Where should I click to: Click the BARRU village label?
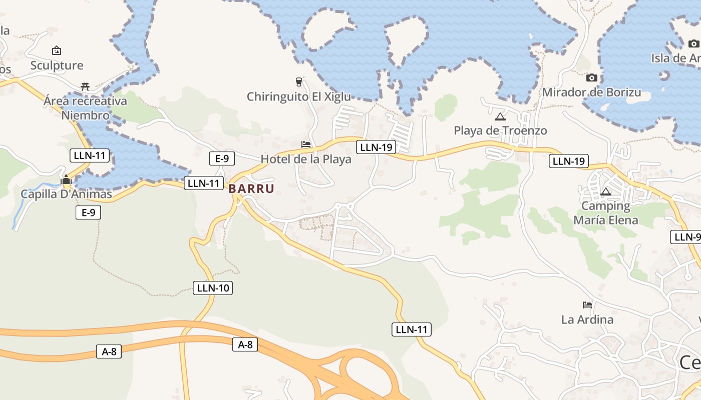tap(251, 188)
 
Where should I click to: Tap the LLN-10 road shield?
tap(213, 287)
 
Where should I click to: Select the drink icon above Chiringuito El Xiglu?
tap(299, 81)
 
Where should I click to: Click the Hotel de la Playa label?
tap(306, 159)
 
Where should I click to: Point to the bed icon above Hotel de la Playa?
tap(306, 144)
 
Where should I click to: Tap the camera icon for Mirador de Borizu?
tap(591, 77)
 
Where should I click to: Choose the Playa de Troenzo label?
tap(500, 130)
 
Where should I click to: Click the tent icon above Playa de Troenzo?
tap(500, 117)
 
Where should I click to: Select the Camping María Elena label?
tap(606, 213)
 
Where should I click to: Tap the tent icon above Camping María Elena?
tap(606, 191)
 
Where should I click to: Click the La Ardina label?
tap(587, 319)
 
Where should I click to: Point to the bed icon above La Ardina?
tap(587, 304)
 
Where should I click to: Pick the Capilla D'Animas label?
tap(66, 193)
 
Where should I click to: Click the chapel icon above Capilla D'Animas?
tap(66, 180)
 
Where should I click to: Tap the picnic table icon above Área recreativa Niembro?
tap(85, 86)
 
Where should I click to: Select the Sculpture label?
tap(57, 65)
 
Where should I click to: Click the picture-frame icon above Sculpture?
tap(57, 50)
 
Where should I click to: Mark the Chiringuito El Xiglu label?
tap(299, 96)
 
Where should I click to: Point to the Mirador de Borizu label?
tap(591, 92)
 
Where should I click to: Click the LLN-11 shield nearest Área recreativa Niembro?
tap(90, 155)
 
